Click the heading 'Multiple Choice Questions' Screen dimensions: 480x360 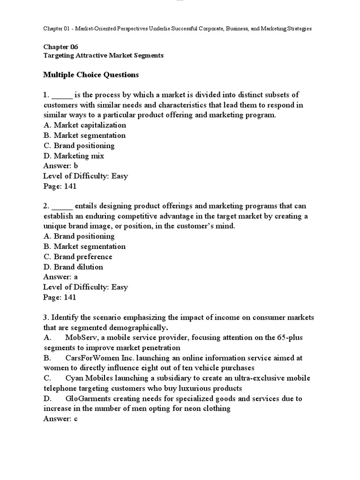pos(91,75)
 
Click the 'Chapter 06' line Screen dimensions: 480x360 pos(61,47)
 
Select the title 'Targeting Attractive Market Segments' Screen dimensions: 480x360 pos(103,55)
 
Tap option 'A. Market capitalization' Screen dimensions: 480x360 pos(84,125)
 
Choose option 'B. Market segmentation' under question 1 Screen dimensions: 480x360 pos(84,135)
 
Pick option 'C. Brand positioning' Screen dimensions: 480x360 pos(79,146)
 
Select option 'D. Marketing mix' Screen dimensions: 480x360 pos(74,156)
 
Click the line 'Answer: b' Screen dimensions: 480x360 pos(60,166)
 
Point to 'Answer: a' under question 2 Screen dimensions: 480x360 pos(60,277)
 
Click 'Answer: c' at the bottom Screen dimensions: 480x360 pos(60,419)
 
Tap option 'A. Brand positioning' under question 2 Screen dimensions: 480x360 pos(79,236)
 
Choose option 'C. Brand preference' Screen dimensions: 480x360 pos(78,257)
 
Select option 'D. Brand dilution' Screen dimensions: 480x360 pos(73,267)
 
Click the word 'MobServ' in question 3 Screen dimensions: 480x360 pos(82,337)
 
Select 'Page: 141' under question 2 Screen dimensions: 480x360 pos(60,298)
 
